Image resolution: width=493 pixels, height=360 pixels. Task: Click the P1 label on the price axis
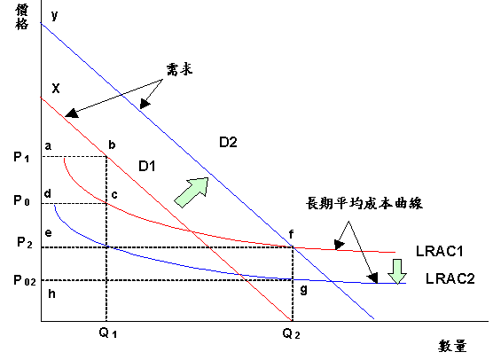(21, 157)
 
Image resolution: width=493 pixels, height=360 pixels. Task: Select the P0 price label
(21, 200)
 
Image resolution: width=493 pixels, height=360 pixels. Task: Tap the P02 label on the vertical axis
(25, 280)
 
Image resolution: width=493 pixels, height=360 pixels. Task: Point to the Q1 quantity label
(108, 333)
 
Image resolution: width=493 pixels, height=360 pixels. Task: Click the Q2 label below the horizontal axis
(291, 333)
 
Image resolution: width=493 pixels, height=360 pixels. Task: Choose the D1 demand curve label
(147, 166)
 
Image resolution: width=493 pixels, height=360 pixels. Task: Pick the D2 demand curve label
(228, 142)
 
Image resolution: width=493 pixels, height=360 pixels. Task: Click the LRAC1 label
(440, 251)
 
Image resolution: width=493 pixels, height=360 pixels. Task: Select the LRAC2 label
(450, 278)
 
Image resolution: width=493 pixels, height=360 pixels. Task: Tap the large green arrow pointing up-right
(192, 192)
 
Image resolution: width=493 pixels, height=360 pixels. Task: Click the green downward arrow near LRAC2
(397, 271)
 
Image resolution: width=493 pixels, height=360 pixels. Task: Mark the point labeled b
(112, 145)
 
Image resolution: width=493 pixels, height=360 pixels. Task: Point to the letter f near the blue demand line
(292, 234)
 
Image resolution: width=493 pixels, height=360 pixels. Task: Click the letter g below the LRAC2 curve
(304, 289)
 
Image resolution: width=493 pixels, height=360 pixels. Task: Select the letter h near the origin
(52, 293)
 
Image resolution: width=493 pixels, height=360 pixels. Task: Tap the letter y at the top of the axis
(55, 15)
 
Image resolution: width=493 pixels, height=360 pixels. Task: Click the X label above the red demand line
(56, 89)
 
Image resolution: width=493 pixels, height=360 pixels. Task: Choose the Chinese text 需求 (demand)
(179, 69)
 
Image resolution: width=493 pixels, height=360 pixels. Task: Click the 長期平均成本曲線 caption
(364, 203)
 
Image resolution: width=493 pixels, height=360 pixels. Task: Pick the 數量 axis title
(452, 346)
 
